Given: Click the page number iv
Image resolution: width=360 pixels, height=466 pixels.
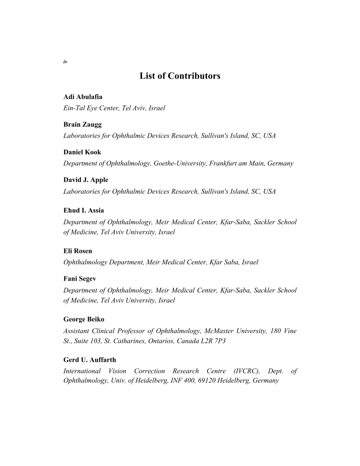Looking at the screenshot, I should (65, 62).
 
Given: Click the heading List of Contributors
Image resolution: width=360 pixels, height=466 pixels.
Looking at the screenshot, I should (180, 76).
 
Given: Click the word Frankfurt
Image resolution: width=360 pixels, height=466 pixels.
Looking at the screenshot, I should (225, 164).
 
